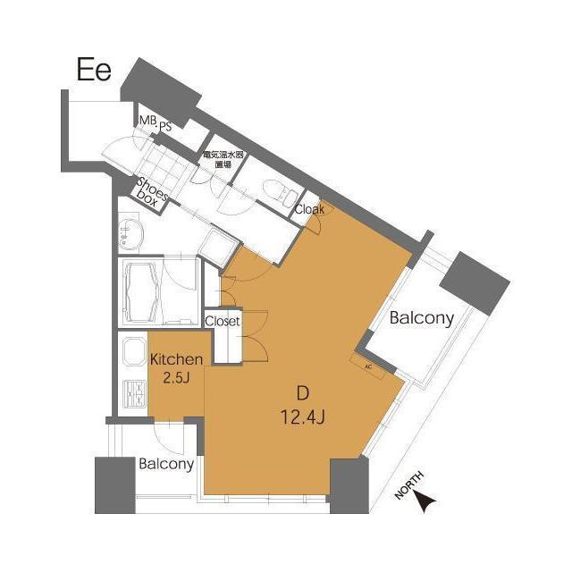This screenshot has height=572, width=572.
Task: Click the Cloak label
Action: click(x=309, y=209)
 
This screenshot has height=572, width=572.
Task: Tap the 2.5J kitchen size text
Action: click(x=177, y=378)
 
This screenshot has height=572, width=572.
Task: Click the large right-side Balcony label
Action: click(x=421, y=318)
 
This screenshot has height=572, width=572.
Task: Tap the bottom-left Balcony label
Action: click(x=166, y=465)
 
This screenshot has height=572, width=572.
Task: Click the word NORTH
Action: click(x=410, y=484)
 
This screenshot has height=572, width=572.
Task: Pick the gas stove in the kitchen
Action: click(x=135, y=393)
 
